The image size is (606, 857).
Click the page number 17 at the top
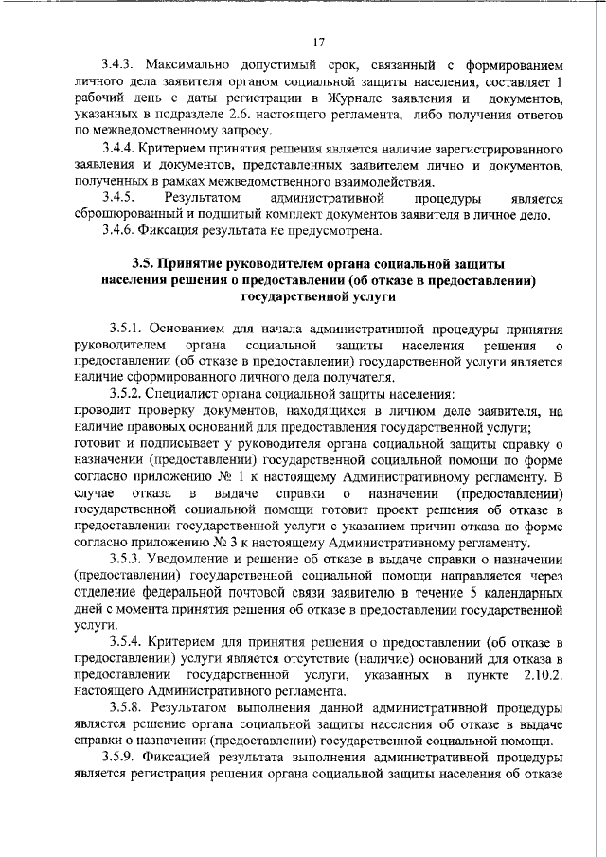tap(317, 43)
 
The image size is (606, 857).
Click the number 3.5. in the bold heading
tap(143, 263)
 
